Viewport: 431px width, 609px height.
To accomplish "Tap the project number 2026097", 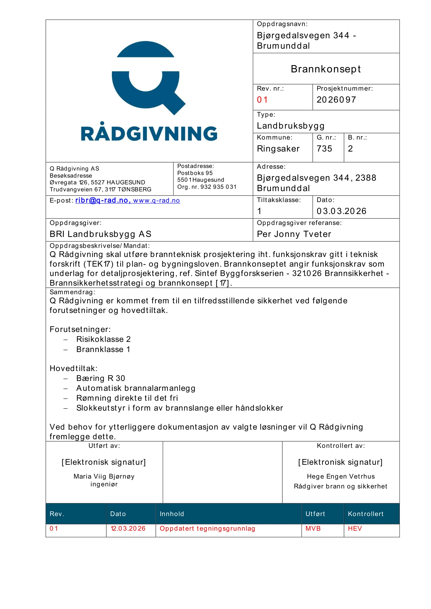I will point(336,100).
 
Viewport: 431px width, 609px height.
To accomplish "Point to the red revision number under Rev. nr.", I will point(262,100).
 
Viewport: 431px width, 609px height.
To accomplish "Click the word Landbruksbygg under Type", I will point(291,126).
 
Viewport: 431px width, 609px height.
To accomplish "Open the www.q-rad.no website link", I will point(157,201).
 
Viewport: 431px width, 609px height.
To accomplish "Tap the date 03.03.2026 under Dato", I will point(341,211).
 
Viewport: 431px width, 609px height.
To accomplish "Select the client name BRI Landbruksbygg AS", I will point(100,234).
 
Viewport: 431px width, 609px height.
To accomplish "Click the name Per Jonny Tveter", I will point(294,234).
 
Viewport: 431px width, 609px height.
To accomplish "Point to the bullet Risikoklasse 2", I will point(103,339).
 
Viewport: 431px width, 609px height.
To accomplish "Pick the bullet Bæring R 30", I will point(101,378).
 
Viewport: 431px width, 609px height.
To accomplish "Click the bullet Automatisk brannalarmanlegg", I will point(136,388).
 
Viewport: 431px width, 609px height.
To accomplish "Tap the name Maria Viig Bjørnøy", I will point(104,476).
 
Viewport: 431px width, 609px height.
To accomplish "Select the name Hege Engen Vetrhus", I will point(341,476).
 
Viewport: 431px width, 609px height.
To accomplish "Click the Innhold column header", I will point(172,514).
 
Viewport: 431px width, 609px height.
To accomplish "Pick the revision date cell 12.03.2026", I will point(128,528).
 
